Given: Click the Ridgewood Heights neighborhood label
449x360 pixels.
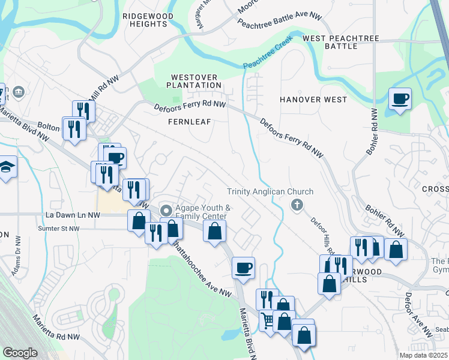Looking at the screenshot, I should point(144,19).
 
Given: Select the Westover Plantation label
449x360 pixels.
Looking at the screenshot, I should point(196,81).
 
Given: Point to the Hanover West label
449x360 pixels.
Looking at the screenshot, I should point(313,99).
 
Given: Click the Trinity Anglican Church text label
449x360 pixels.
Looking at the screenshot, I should point(270,192).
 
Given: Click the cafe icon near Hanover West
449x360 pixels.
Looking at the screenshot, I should point(399,98).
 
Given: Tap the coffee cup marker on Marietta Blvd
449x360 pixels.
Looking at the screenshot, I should point(243,268).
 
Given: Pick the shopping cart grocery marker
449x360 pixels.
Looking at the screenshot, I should point(267,320).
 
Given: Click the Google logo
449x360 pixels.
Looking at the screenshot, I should point(20,352).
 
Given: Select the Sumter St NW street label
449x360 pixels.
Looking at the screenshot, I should point(58,229).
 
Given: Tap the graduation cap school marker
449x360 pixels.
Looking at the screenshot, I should point(7,166).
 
